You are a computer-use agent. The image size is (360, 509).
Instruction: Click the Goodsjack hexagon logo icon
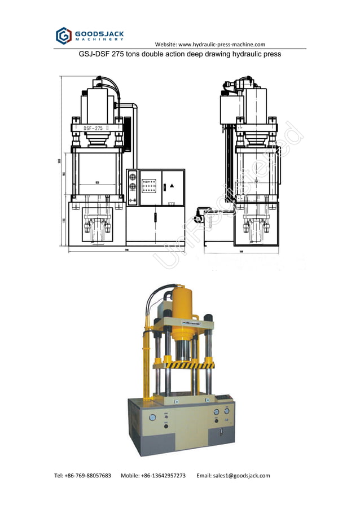[63, 36]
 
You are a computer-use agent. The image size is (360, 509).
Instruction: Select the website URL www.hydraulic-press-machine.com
[221, 45]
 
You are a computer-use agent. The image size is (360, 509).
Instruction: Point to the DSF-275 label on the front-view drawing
[94, 128]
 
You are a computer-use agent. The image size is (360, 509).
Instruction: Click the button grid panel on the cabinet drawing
[149, 186]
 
